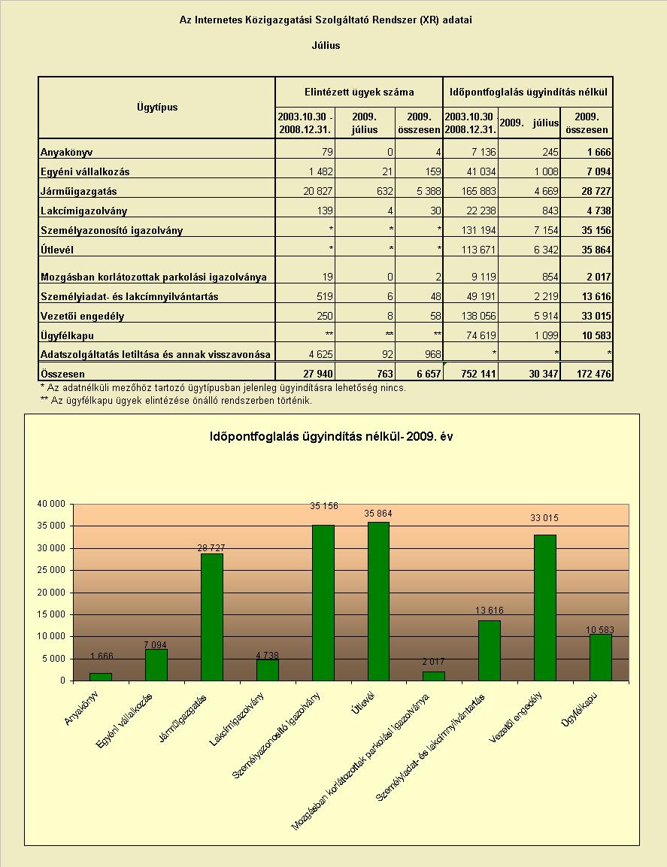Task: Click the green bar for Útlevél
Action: (x=378, y=601)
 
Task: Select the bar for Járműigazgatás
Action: (x=212, y=617)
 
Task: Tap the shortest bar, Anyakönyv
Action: (x=101, y=677)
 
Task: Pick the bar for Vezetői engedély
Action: (x=545, y=608)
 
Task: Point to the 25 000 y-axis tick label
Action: (x=51, y=570)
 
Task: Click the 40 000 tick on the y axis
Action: (x=51, y=504)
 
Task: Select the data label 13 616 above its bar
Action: (x=490, y=611)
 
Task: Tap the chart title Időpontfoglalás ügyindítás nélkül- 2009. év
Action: (x=332, y=436)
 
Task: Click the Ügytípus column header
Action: (x=157, y=108)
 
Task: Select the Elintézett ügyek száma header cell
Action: (x=359, y=92)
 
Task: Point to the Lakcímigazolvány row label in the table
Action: (x=83, y=211)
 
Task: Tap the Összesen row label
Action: (x=62, y=374)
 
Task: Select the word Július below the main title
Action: (x=326, y=45)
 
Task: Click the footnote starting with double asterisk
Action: (x=177, y=400)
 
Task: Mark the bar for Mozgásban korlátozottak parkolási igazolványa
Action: (x=434, y=676)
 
